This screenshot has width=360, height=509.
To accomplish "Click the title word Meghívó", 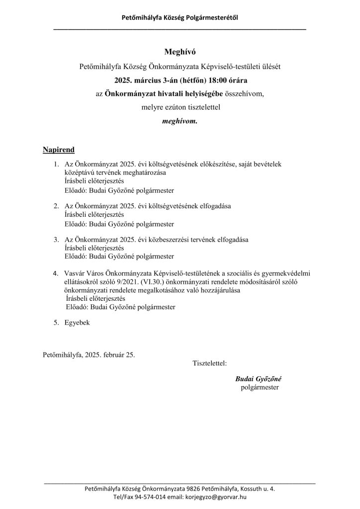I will click(x=180, y=52).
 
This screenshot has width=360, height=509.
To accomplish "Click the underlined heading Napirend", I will click(x=59, y=150).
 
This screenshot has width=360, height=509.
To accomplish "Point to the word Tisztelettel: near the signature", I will click(x=209, y=363).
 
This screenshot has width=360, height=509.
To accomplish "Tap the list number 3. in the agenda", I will click(x=57, y=240).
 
